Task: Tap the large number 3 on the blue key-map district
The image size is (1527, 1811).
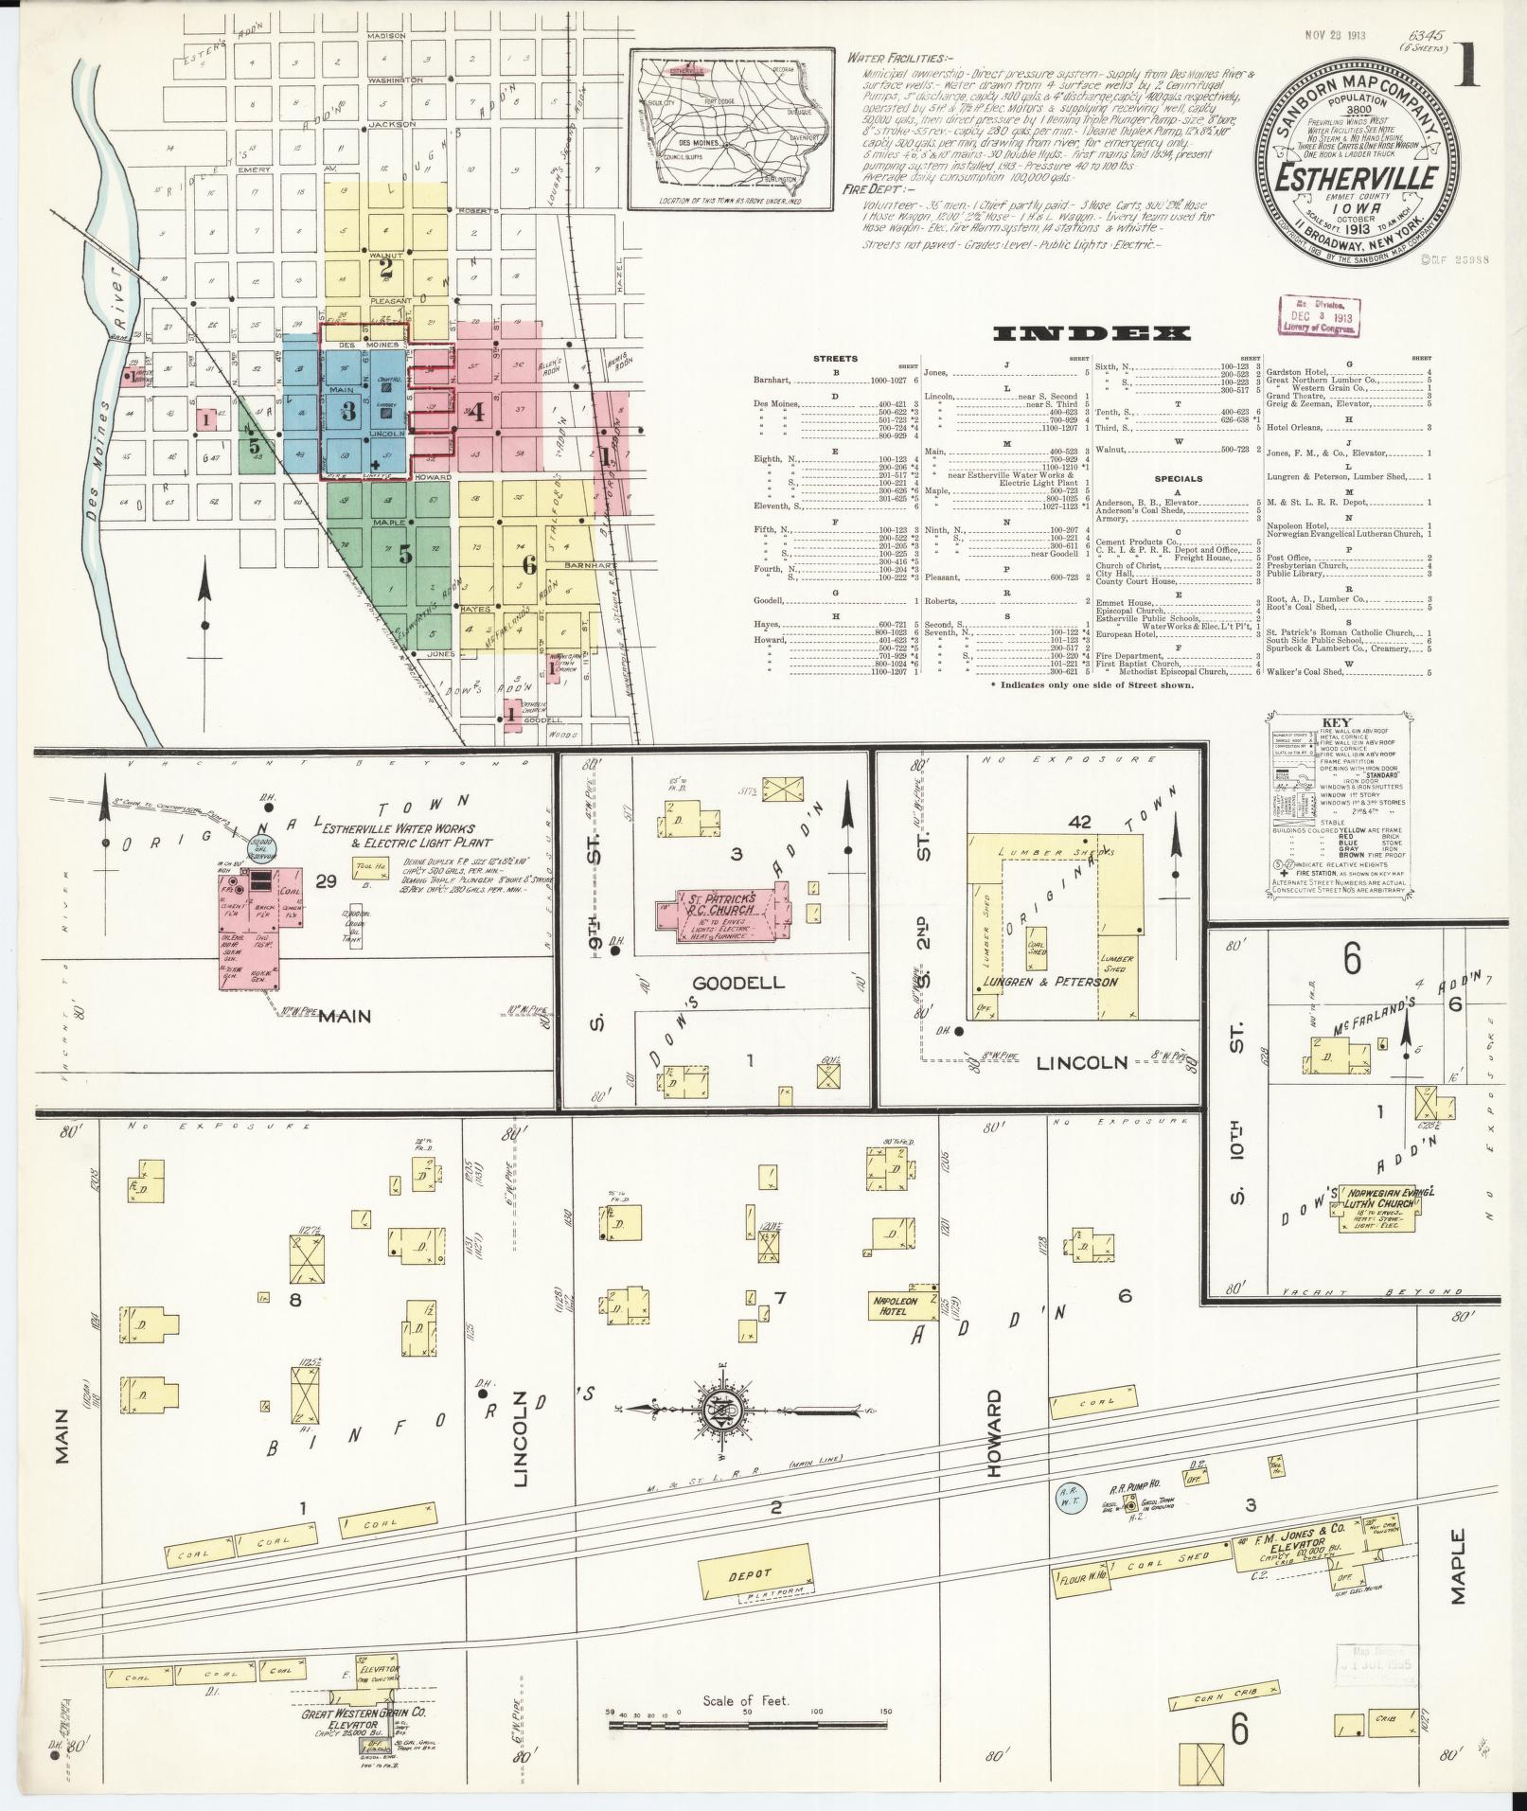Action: click(x=348, y=411)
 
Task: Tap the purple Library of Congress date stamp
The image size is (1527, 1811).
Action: click(x=1316, y=315)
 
